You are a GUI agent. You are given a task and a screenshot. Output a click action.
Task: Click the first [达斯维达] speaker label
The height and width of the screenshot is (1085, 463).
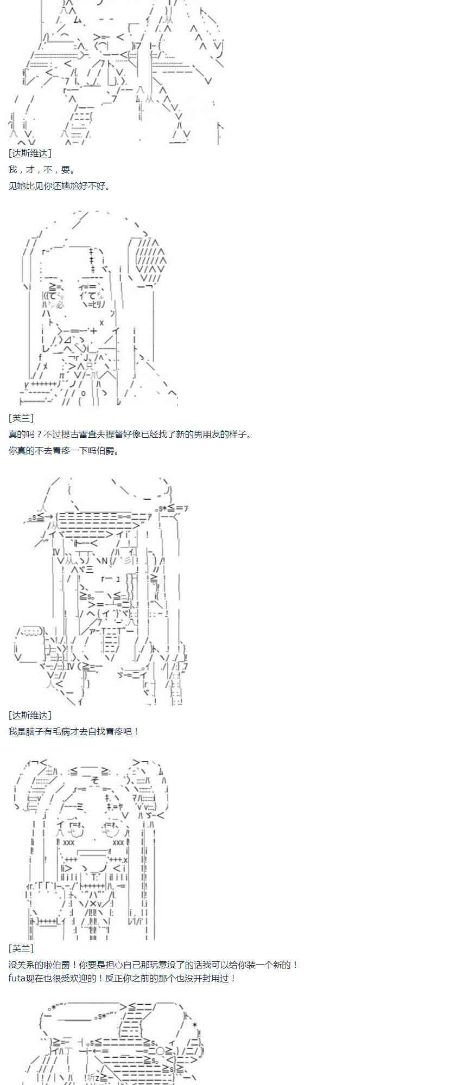pos(30,154)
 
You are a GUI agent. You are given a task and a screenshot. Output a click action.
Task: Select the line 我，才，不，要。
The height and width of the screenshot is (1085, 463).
pos(42,170)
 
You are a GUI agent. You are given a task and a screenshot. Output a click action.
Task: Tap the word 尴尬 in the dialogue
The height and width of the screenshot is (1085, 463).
pos(77,186)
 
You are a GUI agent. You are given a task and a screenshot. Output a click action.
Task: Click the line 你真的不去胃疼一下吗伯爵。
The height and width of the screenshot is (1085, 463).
pos(64,450)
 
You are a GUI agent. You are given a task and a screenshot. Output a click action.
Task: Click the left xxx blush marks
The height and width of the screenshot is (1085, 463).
pos(69,843)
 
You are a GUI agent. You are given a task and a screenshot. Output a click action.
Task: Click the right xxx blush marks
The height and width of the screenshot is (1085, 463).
pos(118,843)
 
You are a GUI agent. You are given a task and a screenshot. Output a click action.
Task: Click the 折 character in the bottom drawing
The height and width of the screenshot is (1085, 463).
pos(91,1077)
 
